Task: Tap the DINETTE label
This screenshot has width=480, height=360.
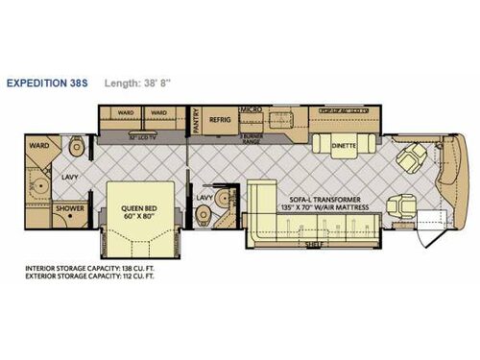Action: pyautogui.click(x=345, y=147)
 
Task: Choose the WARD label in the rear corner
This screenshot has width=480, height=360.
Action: pyautogui.click(x=39, y=146)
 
